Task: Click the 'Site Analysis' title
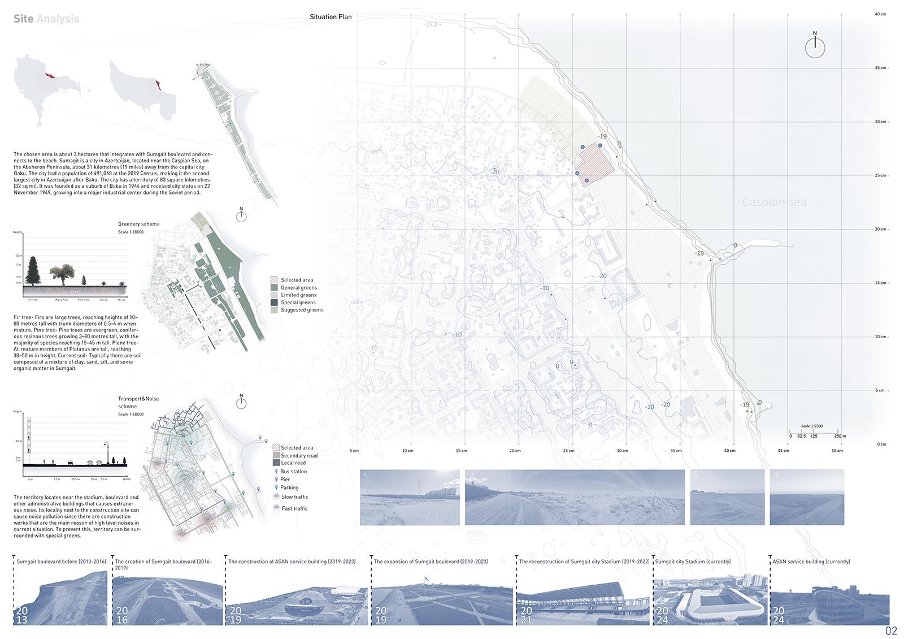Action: pos(46,19)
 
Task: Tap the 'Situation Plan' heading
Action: pos(331,17)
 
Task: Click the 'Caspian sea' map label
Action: pos(774,202)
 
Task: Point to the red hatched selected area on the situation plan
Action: pos(596,165)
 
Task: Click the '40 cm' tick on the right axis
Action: pos(880,14)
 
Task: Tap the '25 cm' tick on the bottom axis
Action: pos(568,451)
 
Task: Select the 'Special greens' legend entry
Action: pos(298,303)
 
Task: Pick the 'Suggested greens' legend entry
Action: pos(302,310)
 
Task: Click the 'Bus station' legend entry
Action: pos(293,471)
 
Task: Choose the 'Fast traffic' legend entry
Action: pos(294,508)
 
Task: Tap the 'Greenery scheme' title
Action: pos(139,224)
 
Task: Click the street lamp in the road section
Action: pos(106,451)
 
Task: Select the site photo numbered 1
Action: pos(409,497)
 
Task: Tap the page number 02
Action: pos(891,631)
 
